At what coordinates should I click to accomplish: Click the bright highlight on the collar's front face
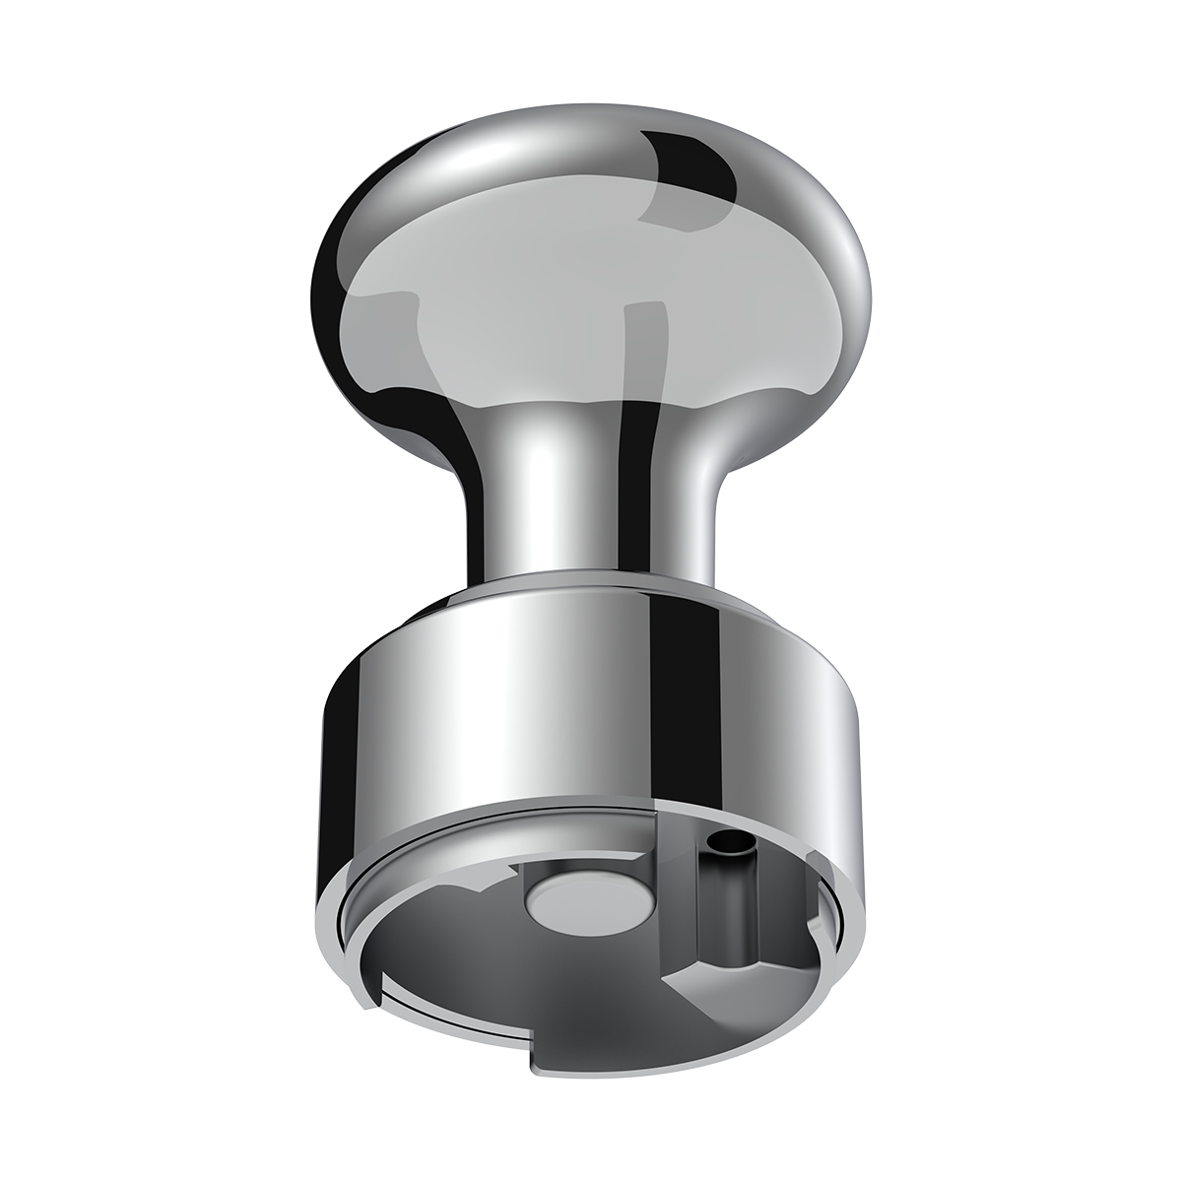(552, 709)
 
